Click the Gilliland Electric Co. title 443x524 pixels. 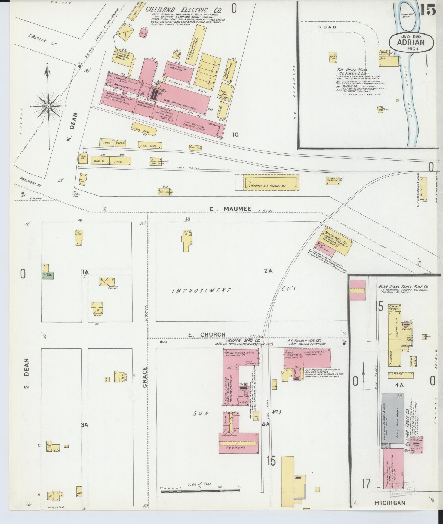click(x=184, y=10)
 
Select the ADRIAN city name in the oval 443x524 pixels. click(x=411, y=42)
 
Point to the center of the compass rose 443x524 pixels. click(x=48, y=106)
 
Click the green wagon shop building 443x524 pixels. click(x=48, y=275)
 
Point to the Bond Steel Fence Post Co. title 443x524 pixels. click(x=404, y=287)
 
